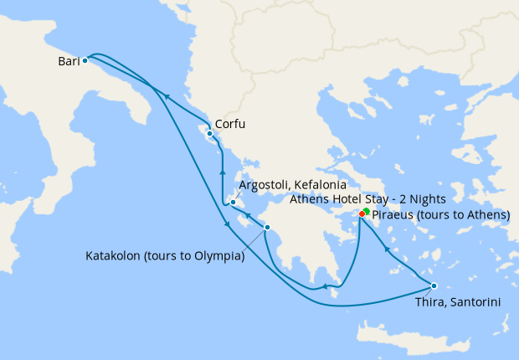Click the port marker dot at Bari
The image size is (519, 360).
[85, 61]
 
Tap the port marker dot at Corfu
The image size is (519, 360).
[209, 133]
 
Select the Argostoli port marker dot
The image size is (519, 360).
[233, 202]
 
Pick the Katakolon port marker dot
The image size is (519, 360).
[267, 228]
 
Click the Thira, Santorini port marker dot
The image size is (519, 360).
[434, 285]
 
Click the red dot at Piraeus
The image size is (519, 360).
[362, 214]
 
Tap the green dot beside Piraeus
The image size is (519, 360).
[367, 212]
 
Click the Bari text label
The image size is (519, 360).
[69, 62]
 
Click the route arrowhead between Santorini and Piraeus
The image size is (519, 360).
[386, 248]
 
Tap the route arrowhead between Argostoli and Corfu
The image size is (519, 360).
[222, 172]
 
